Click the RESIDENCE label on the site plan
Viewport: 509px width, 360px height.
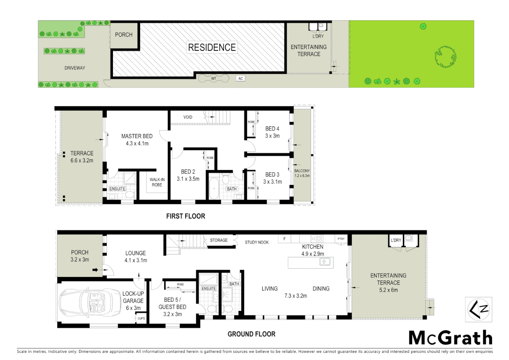(212, 47)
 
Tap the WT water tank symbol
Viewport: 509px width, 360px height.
(214, 79)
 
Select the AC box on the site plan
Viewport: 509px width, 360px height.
(241, 79)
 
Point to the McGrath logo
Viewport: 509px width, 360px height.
(450, 338)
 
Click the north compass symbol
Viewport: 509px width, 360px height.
(478, 310)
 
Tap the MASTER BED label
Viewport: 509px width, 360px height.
(137, 136)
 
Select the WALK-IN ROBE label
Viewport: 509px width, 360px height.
(157, 182)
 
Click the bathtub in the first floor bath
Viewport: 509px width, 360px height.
(214, 188)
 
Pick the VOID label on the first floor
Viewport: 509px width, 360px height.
(188, 117)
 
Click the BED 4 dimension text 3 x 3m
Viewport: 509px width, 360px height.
(272, 136)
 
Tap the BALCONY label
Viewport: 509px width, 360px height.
(302, 171)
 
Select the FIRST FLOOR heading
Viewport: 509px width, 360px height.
(186, 216)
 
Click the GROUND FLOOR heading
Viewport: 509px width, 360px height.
(251, 334)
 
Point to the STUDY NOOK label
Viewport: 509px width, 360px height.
(256, 242)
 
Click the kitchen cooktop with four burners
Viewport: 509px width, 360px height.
(317, 239)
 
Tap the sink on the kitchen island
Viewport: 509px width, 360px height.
(325, 262)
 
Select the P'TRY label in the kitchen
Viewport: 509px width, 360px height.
(341, 239)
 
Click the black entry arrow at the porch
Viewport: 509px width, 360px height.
(95, 270)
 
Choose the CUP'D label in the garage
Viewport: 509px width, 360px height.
(141, 318)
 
